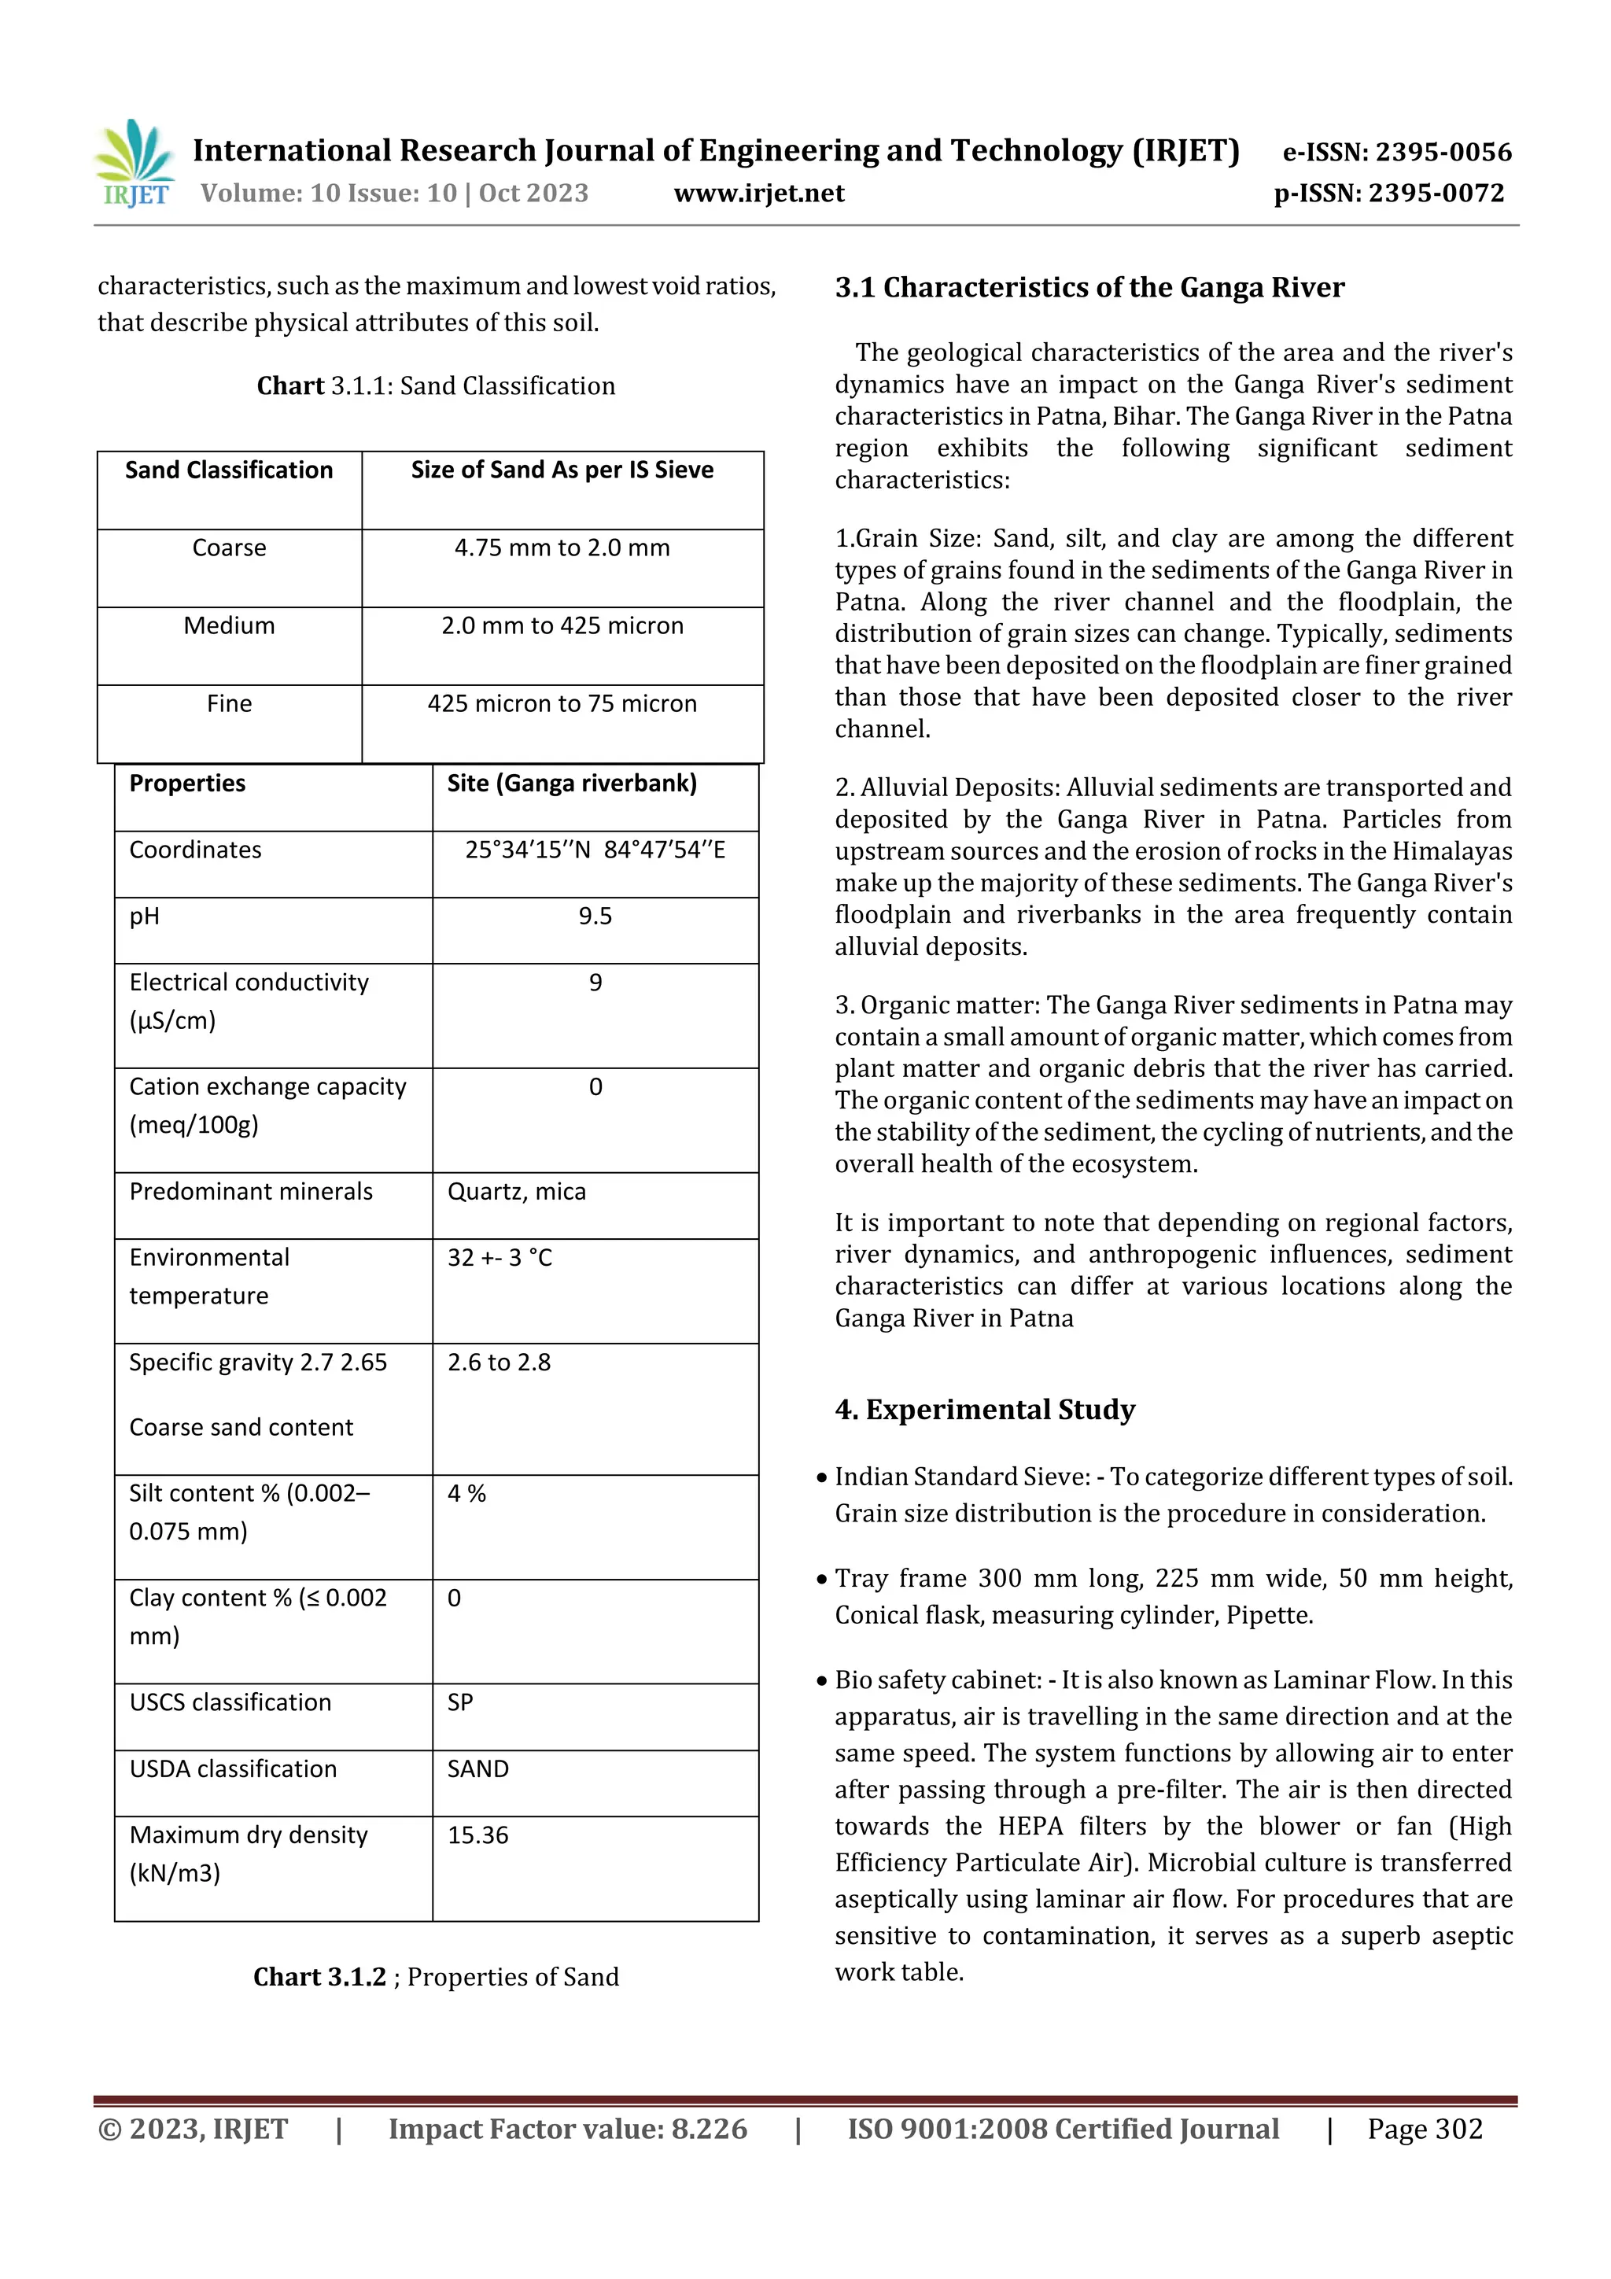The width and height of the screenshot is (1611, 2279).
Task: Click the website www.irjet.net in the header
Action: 758,193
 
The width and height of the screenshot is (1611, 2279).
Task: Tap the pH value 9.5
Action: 595,916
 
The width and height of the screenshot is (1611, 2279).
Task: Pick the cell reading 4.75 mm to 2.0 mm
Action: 562,548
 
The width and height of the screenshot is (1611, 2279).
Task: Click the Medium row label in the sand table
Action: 229,626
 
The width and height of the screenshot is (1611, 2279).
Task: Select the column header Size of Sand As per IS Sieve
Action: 562,470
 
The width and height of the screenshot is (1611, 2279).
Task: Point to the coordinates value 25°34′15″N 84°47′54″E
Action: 595,850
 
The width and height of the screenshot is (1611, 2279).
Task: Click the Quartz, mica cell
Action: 516,1191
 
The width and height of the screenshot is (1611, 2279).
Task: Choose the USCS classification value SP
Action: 459,1702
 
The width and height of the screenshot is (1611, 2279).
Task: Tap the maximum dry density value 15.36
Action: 477,1835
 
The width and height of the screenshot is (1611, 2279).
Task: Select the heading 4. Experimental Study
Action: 985,1410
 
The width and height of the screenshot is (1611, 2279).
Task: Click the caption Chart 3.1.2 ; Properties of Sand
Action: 436,1977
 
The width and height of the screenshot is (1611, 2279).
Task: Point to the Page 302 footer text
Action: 1425,2129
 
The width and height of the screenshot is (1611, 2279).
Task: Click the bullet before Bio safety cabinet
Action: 822,1681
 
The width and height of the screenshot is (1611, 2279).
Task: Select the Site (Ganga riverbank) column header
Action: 572,784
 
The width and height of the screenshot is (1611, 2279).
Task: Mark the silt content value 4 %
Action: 466,1494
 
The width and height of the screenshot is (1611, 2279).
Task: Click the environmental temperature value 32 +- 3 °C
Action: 500,1258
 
